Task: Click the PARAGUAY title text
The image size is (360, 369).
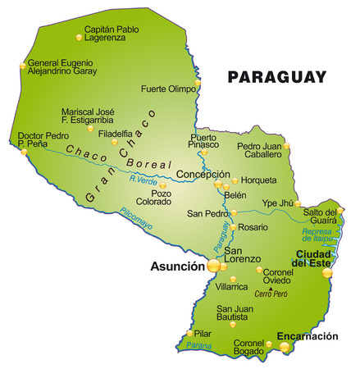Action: coord(277,77)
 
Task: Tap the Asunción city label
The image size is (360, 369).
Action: coord(176,266)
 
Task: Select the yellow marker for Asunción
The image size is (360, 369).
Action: coord(214,266)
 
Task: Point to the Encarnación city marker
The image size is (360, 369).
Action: coord(285,348)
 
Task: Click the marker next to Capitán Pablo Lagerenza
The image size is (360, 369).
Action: coord(80,37)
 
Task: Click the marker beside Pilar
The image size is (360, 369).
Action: coord(190,334)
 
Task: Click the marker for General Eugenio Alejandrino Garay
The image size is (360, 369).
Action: coord(21,65)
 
